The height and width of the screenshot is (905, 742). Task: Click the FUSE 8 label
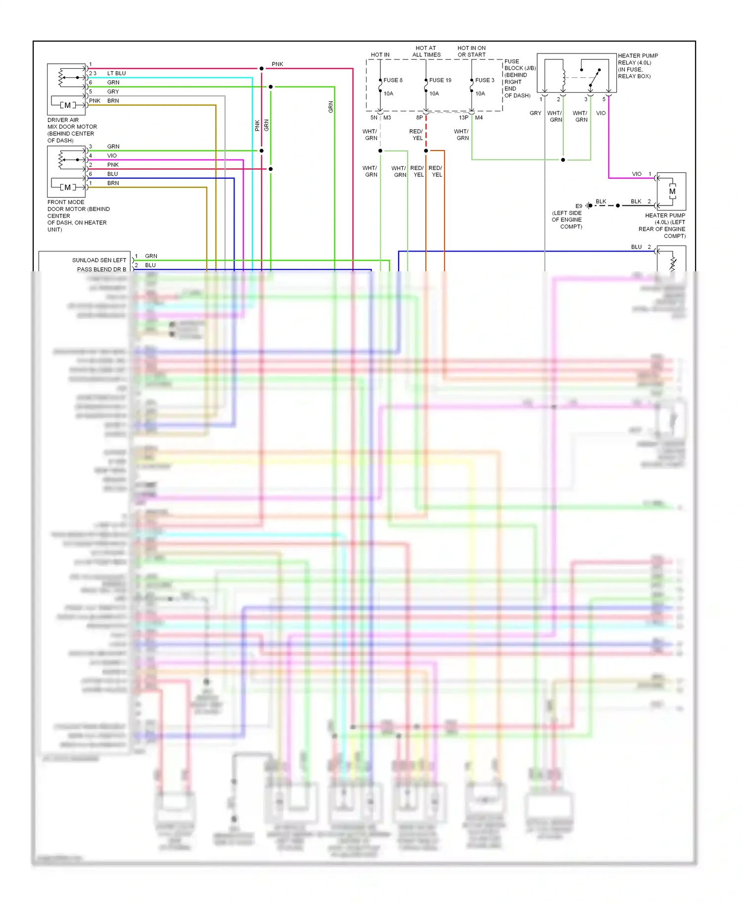[x=393, y=80]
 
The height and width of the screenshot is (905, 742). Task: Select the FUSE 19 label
[x=440, y=80]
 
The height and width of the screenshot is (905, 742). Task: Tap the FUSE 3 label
[x=484, y=80]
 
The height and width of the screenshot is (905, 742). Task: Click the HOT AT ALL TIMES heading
[x=426, y=51]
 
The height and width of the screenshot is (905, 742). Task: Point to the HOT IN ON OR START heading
[x=471, y=51]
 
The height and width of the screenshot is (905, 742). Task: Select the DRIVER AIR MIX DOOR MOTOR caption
[x=72, y=130]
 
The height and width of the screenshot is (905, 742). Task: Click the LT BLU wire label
[x=116, y=73]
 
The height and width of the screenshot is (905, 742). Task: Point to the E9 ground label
[x=579, y=206]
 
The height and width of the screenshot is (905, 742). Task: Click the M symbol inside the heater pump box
[x=672, y=192]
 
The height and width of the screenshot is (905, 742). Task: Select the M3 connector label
[x=387, y=118]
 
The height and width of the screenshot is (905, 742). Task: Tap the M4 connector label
[x=479, y=118]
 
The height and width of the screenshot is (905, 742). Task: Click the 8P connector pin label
[x=419, y=118]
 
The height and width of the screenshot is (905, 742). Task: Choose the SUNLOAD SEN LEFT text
[x=99, y=260]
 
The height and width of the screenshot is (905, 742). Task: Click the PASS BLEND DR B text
[x=101, y=269]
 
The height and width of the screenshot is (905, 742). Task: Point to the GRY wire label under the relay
[x=535, y=113]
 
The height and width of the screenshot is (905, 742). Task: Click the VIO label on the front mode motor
[x=112, y=155]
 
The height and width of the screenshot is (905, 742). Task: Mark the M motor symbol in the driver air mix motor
[x=68, y=105]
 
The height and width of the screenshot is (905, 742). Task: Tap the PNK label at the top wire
[x=278, y=64]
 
